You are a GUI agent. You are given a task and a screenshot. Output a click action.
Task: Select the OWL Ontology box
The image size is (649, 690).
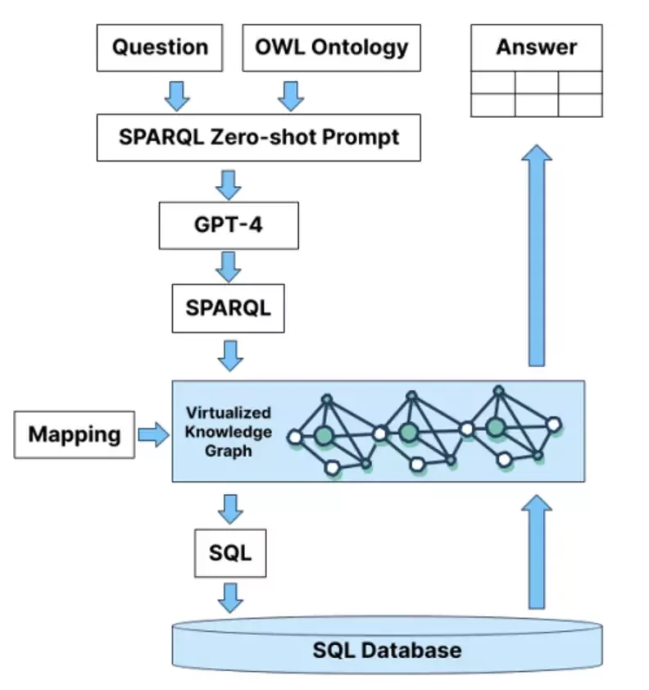[x=331, y=47]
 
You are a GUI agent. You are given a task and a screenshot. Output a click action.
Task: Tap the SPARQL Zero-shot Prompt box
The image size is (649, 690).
[x=259, y=136]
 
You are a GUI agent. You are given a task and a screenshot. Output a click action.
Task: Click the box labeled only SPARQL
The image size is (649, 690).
[x=228, y=308]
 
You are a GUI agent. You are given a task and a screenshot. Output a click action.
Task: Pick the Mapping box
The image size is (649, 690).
[x=75, y=434]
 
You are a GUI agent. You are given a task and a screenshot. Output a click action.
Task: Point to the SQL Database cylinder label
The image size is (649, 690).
[x=387, y=651]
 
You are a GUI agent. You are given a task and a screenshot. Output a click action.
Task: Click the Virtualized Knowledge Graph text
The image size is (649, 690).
[x=228, y=431]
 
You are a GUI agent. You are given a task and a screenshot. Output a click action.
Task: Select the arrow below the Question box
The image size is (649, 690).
[x=177, y=95]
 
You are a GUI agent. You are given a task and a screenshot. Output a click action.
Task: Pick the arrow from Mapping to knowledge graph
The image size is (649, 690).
[x=152, y=434]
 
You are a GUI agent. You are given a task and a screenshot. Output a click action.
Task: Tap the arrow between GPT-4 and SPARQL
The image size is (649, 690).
[x=229, y=266]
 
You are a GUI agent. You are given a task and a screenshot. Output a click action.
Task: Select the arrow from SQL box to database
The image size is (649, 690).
[x=230, y=597]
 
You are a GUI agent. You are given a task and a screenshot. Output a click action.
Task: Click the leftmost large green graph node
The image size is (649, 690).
[x=324, y=435]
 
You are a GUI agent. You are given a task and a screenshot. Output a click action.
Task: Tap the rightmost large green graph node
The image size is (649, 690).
[x=494, y=427]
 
